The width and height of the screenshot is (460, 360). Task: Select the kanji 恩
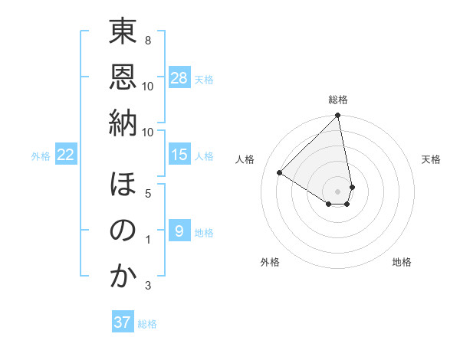[x=123, y=78]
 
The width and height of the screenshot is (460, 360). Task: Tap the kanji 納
[x=123, y=123]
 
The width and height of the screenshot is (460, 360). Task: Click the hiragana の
[x=123, y=231]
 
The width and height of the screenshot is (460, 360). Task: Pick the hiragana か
[x=123, y=277]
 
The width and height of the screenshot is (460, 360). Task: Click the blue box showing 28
[x=179, y=78]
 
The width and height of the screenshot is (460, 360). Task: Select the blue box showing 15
[x=179, y=155]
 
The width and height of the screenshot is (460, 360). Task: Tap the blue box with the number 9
[x=179, y=231]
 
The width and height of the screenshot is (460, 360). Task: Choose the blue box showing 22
[x=66, y=155]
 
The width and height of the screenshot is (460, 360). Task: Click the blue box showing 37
[x=123, y=322]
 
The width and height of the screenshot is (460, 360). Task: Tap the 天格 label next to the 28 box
[x=204, y=79]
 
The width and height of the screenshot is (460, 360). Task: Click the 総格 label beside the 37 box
[x=147, y=324]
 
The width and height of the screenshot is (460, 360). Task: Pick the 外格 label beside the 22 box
[x=41, y=155]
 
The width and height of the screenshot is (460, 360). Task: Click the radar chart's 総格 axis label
[x=338, y=100]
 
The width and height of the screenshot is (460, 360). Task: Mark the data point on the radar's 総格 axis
[x=338, y=116]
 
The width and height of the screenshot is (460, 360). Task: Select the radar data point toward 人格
[x=280, y=172]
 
